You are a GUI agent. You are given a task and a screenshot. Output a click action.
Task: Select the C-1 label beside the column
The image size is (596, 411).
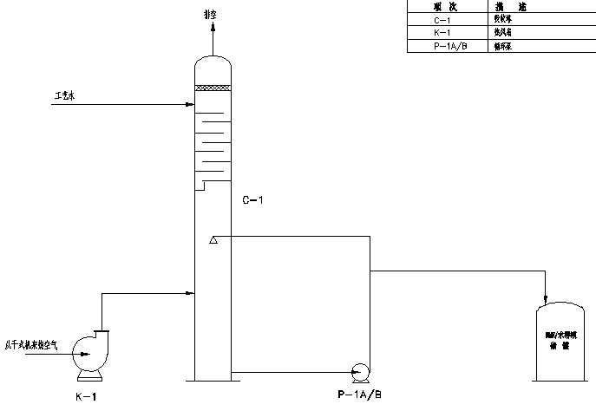coord(252,200)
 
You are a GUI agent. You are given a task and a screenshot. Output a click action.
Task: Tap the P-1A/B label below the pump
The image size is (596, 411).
coord(357,395)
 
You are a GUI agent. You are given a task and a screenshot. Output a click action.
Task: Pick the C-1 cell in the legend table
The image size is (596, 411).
coord(442,17)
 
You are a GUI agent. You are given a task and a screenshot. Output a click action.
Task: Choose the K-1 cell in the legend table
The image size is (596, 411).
coord(442,32)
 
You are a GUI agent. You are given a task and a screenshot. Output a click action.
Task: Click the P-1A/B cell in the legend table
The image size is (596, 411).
coord(442,47)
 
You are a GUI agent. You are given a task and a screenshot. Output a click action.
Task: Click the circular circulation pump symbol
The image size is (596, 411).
coord(357,372)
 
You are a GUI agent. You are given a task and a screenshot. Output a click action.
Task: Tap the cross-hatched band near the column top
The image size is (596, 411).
coord(213,88)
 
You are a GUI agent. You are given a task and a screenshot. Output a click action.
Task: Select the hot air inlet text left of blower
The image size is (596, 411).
coord(32,345)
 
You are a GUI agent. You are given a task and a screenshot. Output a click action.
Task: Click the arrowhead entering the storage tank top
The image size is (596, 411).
coord(546,297)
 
